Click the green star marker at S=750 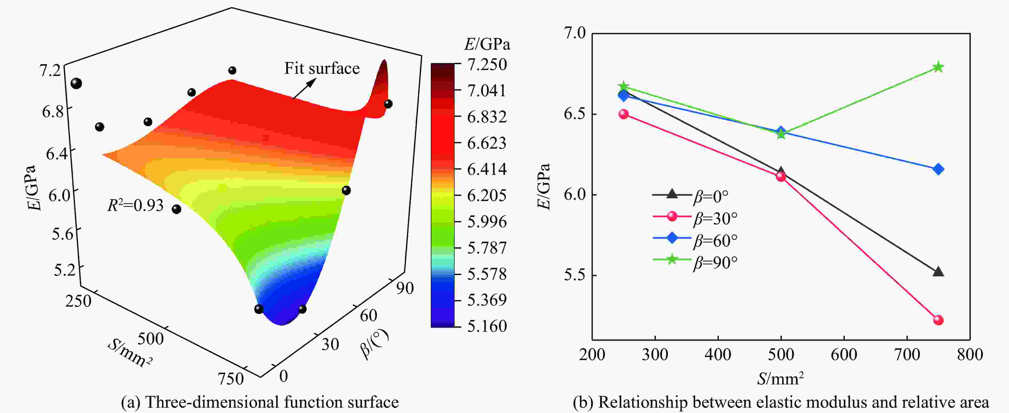(x=938, y=67)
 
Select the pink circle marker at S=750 (x=938, y=320)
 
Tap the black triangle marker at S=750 (x=938, y=271)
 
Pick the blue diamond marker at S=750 (x=938, y=169)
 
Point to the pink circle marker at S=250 (x=624, y=114)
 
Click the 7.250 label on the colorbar (x=487, y=64)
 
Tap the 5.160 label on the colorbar (x=487, y=326)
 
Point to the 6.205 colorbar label (x=487, y=195)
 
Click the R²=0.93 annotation (x=135, y=205)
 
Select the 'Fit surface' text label (x=322, y=68)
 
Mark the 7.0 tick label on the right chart (x=574, y=33)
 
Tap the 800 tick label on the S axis (x=970, y=354)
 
